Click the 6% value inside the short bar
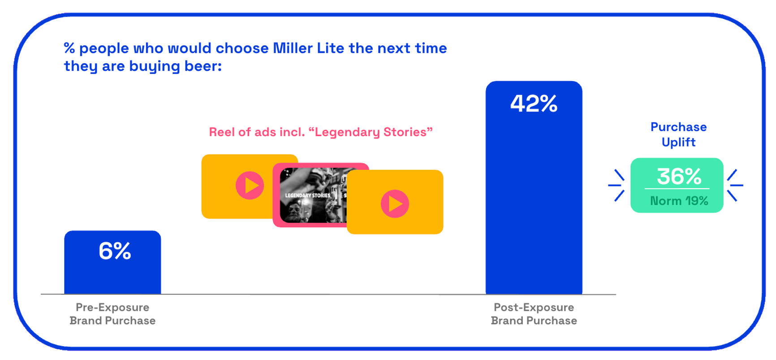(115, 251)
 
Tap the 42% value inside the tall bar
(534, 103)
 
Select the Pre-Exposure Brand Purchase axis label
(112, 314)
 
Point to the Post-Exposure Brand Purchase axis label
(534, 314)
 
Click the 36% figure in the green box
(679, 176)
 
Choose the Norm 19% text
(679, 201)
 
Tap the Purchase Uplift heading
(678, 134)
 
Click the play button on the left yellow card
(250, 185)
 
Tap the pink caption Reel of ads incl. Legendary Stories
(321, 132)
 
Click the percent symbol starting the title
(69, 48)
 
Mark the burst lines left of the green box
(617, 185)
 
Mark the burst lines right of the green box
(735, 185)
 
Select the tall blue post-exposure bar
(534, 188)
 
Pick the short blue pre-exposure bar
(112, 262)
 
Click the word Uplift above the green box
(678, 142)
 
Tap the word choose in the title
(242, 48)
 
